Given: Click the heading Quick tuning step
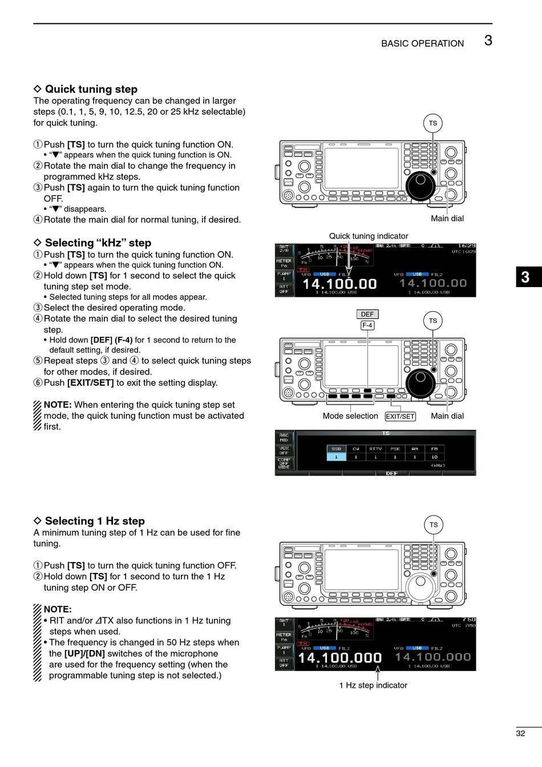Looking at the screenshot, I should (x=91, y=89).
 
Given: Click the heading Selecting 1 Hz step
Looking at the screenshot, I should (x=95, y=521).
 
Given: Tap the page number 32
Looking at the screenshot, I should (x=520, y=733).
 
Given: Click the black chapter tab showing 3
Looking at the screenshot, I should (x=525, y=277).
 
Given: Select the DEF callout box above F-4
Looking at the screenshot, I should (x=367, y=314).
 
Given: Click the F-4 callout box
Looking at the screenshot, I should (x=367, y=325).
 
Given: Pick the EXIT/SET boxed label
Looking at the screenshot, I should (x=400, y=417).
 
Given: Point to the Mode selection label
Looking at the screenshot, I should (x=350, y=416).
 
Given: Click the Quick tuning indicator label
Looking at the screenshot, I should (x=369, y=236).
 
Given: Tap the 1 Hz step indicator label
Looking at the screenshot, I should (x=373, y=685).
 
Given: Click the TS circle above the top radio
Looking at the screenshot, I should (x=433, y=123).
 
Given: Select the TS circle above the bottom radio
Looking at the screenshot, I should (x=434, y=525).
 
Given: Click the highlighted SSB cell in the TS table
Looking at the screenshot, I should (x=336, y=449).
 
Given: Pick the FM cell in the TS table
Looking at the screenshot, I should (x=434, y=449).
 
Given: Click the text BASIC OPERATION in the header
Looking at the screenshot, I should (x=422, y=43).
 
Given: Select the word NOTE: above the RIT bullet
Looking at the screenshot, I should (x=58, y=609).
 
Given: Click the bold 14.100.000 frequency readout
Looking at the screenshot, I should (x=340, y=658).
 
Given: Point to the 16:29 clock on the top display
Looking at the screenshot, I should (x=466, y=246).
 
